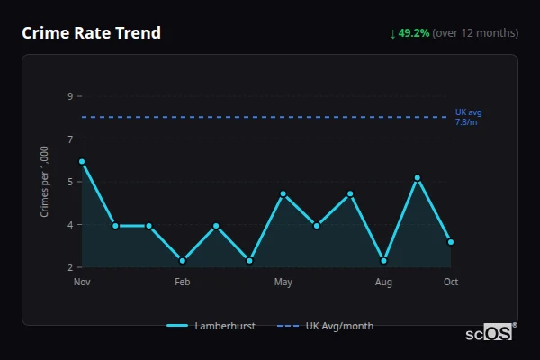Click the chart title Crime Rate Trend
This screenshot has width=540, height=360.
tap(91, 33)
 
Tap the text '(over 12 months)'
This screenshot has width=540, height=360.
tap(475, 33)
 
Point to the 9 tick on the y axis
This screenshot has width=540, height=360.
tap(70, 95)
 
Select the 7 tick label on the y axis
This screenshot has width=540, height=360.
tap(70, 139)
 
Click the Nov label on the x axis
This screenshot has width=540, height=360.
tap(82, 282)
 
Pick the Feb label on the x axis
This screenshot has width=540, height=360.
tap(183, 282)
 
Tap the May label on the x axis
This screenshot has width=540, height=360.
tap(283, 282)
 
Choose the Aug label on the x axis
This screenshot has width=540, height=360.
tap(383, 282)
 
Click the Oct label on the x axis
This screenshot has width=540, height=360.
tap(451, 282)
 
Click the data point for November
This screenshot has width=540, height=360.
tap(82, 162)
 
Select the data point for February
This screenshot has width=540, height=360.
tap(183, 261)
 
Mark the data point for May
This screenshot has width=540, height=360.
tap(283, 194)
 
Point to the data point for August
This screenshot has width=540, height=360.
tap(384, 261)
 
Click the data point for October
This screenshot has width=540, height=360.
tap(451, 242)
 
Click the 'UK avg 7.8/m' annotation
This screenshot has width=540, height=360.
tap(467, 117)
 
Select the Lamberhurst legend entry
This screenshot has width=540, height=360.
tap(211, 326)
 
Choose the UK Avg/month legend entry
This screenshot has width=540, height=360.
tap(325, 326)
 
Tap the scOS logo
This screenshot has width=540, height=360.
tap(489, 333)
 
